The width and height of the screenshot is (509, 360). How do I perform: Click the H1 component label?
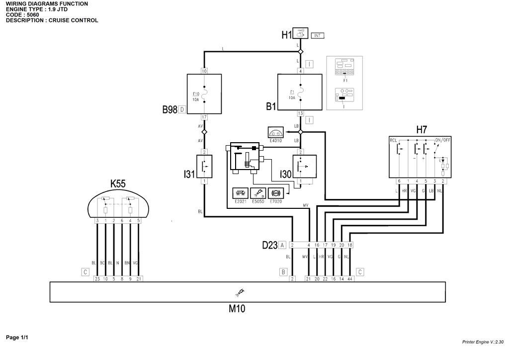(286, 35)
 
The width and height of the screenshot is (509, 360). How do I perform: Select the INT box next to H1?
(318, 35)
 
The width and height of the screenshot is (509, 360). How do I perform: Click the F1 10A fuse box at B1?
(300, 92)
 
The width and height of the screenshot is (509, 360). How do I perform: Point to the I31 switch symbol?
(204, 166)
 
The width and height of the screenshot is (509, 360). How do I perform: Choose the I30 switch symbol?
(304, 166)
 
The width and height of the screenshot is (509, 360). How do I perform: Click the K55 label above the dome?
(118, 183)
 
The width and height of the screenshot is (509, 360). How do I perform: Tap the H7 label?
(421, 130)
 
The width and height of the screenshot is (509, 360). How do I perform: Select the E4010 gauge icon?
(275, 133)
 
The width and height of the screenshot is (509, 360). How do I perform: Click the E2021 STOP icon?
(240, 193)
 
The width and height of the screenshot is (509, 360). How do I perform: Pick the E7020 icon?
(275, 193)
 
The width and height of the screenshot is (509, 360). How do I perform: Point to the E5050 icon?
(257, 193)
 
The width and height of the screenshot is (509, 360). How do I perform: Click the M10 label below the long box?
(237, 309)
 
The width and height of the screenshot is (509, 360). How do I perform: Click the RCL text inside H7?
(393, 140)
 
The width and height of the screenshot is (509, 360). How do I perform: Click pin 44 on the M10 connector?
(350, 279)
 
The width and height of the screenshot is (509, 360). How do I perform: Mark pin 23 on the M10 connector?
(97, 279)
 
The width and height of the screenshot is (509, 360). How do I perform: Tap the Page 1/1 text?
(17, 338)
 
